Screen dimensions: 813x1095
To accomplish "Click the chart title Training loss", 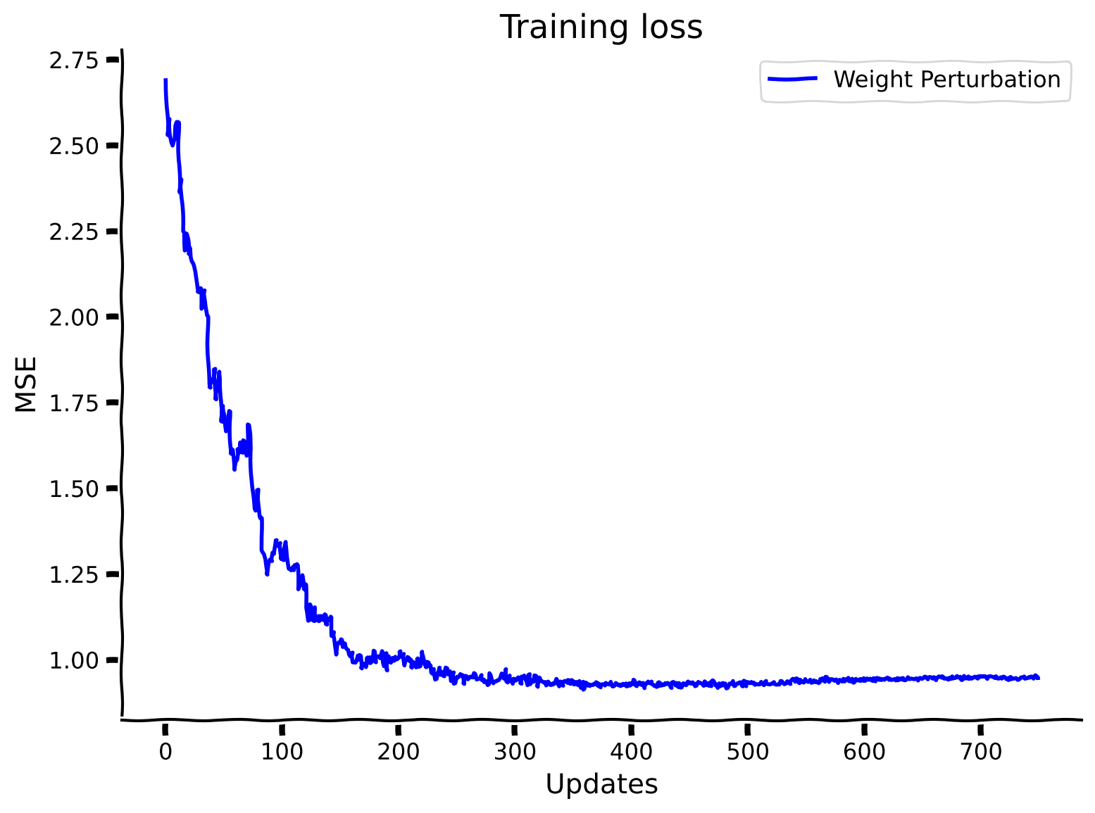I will point(601,28).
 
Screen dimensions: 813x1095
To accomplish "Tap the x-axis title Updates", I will point(601,784).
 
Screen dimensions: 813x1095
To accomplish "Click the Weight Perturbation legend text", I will point(946,80).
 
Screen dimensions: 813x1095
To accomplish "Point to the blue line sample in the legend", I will point(792,79).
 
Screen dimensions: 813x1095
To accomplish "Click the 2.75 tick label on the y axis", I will point(73,61).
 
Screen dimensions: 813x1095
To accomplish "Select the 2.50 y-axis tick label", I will point(73,146).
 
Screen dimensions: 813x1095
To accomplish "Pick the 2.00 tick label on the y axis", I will point(73,317).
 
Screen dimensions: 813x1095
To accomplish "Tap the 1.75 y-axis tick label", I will point(73,403).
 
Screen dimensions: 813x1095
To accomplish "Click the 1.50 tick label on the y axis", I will point(73,489).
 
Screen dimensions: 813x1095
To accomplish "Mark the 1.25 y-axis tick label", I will point(73,574).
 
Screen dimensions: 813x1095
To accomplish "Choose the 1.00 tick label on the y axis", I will point(73,660).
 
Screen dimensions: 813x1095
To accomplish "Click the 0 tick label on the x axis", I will point(165,752).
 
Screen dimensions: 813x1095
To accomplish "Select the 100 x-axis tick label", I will point(282,752).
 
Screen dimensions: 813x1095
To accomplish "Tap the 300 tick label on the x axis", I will point(515,752).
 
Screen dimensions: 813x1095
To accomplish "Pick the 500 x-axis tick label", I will point(748,752).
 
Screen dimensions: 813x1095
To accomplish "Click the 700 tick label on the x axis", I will point(981,752).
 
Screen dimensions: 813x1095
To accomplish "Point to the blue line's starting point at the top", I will point(165,80).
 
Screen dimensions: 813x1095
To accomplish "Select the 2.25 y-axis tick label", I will point(73,232).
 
